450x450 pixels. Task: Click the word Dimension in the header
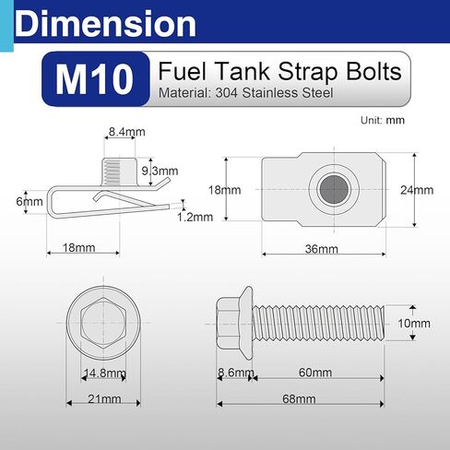(x=106, y=23)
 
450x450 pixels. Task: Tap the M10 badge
(x=95, y=79)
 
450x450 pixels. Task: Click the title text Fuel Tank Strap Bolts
(x=279, y=72)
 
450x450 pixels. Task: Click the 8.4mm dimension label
(x=126, y=133)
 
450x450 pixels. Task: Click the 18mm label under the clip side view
(x=78, y=248)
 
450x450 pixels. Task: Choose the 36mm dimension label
(x=322, y=249)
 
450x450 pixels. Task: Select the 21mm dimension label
(x=104, y=399)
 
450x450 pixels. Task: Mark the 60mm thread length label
(x=315, y=372)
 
